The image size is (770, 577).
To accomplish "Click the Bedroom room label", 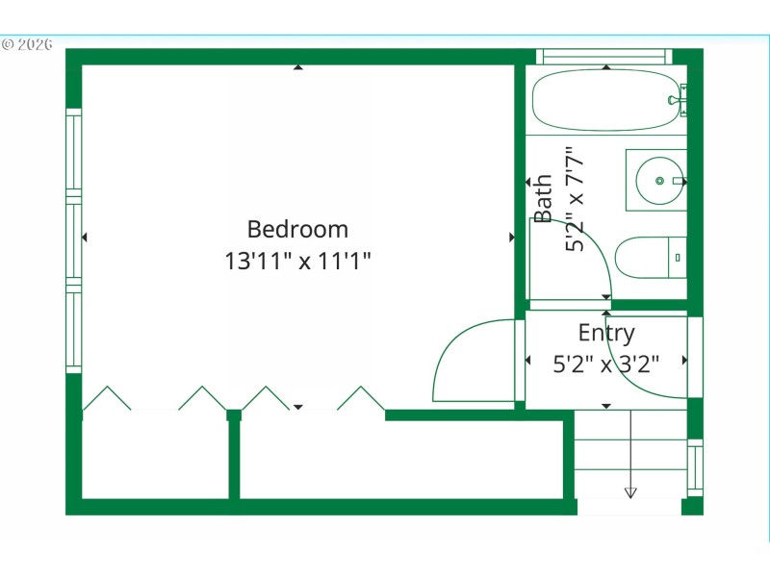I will pos(297,230).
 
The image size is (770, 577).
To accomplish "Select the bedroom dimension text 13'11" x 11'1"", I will pos(297,260).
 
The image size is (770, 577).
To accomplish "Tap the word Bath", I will pos(544,198).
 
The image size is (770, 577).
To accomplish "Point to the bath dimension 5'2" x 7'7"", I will pos(575,198).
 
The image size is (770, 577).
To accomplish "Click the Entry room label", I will pos(606,333).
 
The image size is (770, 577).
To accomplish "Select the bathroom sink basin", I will pos(660,180).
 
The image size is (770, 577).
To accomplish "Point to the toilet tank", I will pos(678,258).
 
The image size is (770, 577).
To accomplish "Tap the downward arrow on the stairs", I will pos(630,492).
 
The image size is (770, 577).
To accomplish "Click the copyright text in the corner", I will pos(27,44).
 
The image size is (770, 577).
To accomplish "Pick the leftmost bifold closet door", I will pos(107,398).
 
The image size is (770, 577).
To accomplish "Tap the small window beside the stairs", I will pos(695,467).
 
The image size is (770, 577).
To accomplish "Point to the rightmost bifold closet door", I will pos(361,398).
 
